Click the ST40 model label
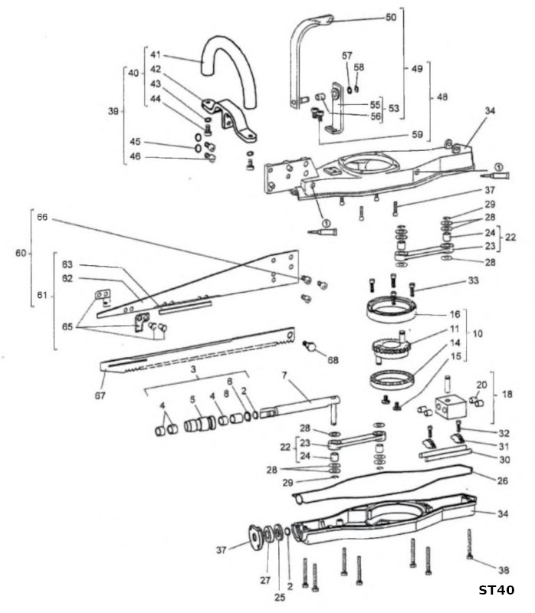497,590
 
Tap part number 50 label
391,17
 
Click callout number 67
100,395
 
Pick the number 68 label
333,359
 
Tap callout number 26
503,480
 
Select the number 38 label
504,570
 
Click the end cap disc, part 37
256,537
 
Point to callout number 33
473,280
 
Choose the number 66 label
42,217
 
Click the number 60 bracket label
21,254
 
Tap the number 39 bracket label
113,111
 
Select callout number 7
284,375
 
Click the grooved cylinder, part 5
200,425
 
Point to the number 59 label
418,135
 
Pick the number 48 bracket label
442,97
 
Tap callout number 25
280,598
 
